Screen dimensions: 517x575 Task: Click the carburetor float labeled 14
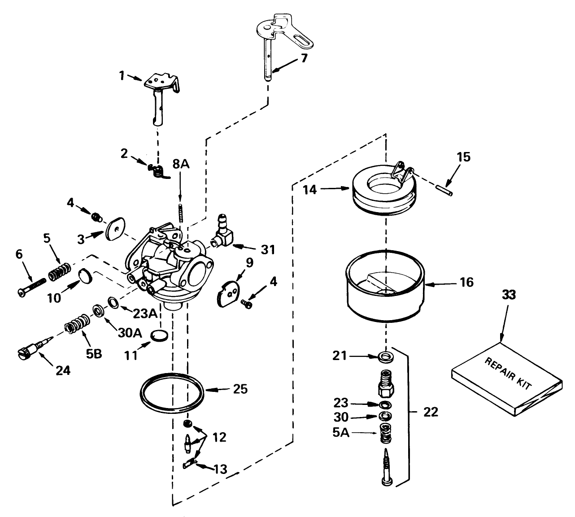(383, 191)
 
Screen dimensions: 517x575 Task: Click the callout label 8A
(180, 165)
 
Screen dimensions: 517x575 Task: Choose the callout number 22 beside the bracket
(431, 412)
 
